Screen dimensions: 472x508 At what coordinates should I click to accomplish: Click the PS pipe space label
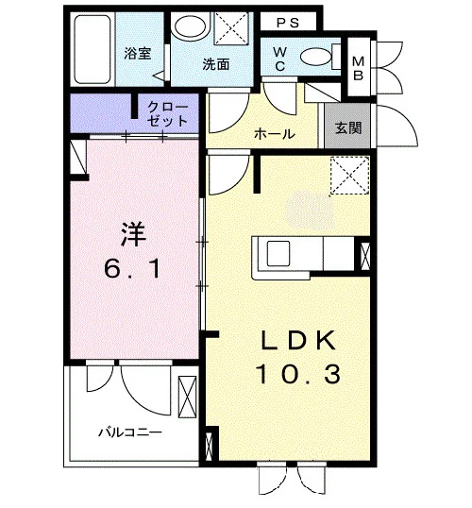(x=287, y=23)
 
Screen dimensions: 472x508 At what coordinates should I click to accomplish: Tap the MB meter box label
(x=358, y=68)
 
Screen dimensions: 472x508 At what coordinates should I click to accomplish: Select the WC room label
(x=279, y=59)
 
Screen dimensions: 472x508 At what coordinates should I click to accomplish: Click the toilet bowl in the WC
(x=316, y=57)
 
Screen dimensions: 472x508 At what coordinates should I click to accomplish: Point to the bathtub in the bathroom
(x=93, y=49)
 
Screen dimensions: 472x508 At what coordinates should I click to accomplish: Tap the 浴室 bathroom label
(x=138, y=54)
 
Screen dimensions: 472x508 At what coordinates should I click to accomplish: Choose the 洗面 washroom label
(x=216, y=64)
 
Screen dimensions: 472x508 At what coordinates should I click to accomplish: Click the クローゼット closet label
(x=167, y=113)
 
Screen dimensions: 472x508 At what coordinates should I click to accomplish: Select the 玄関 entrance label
(x=348, y=128)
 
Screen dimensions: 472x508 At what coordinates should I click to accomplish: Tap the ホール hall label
(x=274, y=133)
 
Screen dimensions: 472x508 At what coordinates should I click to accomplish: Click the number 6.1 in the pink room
(x=132, y=269)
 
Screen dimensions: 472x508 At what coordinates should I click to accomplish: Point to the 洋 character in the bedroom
(x=133, y=234)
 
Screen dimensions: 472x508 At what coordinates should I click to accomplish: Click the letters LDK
(x=298, y=340)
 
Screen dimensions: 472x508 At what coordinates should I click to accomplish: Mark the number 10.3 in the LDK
(x=298, y=374)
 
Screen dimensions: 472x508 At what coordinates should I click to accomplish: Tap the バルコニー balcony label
(x=130, y=432)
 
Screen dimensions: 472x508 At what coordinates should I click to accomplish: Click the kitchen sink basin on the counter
(x=278, y=254)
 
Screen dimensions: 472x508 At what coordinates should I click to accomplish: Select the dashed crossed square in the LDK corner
(x=350, y=176)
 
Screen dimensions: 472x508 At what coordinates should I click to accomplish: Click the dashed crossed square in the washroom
(x=232, y=28)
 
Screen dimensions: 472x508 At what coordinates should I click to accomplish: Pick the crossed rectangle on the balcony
(x=187, y=397)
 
